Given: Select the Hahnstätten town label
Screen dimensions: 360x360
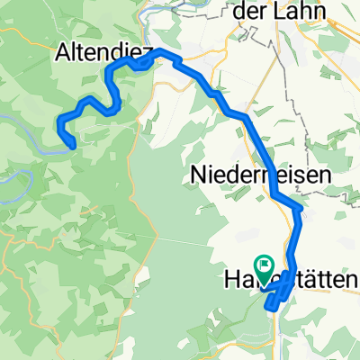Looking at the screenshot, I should pos(289,283).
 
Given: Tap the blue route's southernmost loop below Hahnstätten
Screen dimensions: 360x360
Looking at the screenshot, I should pos(272,306).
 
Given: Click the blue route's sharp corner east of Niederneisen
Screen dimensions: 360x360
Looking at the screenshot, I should pos(300,210).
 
